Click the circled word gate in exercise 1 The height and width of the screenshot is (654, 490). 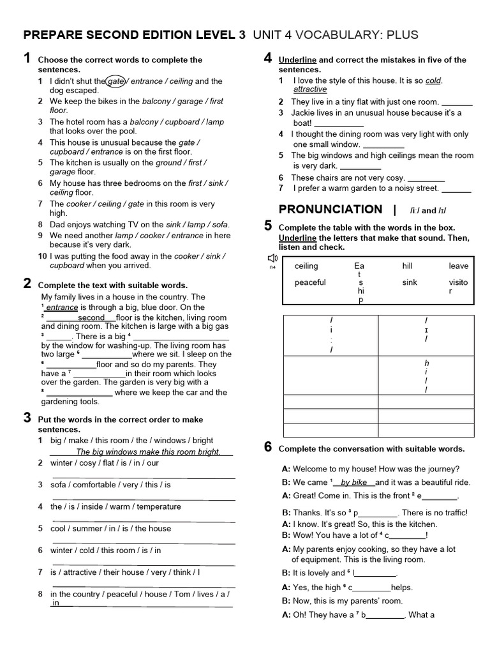point(116,81)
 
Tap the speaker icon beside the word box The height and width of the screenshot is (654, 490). point(272,258)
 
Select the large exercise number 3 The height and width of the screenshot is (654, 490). point(27,418)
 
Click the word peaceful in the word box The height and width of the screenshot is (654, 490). point(310,282)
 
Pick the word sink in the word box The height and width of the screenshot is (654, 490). point(410,282)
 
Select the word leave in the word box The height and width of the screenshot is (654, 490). point(458,266)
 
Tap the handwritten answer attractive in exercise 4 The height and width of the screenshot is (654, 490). point(310,90)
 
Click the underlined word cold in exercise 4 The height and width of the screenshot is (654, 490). point(433,80)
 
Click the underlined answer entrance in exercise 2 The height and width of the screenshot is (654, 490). point(62,308)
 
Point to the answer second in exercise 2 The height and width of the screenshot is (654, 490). point(91,317)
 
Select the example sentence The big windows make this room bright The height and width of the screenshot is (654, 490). point(148,452)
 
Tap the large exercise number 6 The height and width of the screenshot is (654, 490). point(269,447)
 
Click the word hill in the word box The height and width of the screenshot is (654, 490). point(408,266)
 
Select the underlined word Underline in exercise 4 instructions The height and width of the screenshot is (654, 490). point(297,60)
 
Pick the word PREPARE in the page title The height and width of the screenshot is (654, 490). point(55,34)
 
